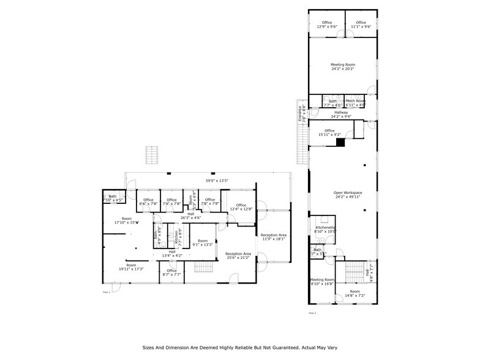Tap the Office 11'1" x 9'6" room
click(361, 24)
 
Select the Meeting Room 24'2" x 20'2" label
click(343, 67)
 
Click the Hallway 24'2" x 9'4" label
click(340, 114)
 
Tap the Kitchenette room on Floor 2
click(325, 229)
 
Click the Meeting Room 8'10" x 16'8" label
click(321, 282)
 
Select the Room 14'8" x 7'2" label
click(354, 293)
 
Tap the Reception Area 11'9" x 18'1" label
click(274, 237)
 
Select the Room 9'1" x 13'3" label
click(203, 242)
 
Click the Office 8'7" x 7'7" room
click(171, 272)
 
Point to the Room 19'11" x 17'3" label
click(131, 267)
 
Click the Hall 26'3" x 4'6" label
click(190, 216)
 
